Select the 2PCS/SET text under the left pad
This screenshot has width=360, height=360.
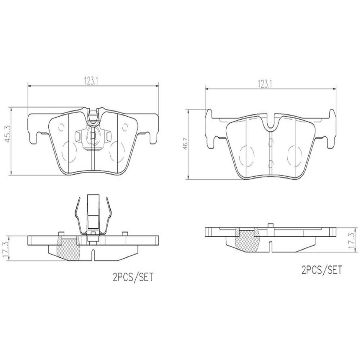pyautogui.click(x=133, y=277)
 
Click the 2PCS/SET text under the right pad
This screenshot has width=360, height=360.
pyautogui.click(x=321, y=270)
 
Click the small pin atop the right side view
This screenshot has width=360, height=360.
pyautogui.click(x=270, y=225)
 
